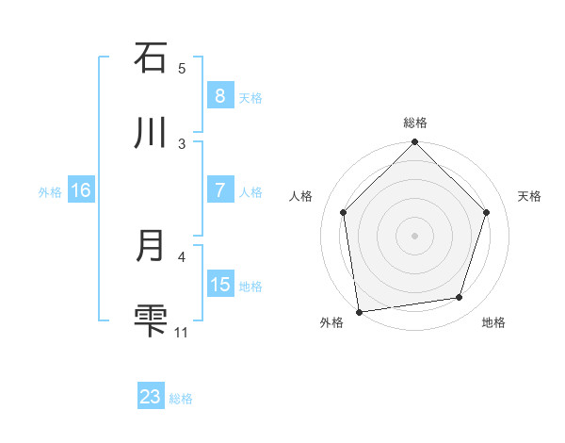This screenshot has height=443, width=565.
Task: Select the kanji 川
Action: pyautogui.click(x=151, y=133)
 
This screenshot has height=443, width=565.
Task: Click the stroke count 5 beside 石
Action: pyautogui.click(x=182, y=68)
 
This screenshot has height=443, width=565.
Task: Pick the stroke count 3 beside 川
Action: pyautogui.click(x=182, y=143)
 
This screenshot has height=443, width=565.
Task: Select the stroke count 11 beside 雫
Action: pyautogui.click(x=182, y=332)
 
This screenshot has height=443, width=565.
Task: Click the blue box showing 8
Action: pyautogui.click(x=219, y=95)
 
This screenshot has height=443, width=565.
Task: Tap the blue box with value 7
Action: pyautogui.click(x=219, y=190)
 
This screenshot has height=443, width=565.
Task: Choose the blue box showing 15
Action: pyautogui.click(x=219, y=285)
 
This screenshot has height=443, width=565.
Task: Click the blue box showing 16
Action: pyautogui.click(x=81, y=190)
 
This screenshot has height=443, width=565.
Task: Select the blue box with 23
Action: pyautogui.click(x=151, y=397)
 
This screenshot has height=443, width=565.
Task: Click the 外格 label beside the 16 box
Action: pyautogui.click(x=50, y=191)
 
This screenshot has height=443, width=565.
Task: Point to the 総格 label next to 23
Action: pyautogui.click(x=181, y=399)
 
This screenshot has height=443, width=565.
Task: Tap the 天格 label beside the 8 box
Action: pyautogui.click(x=250, y=97)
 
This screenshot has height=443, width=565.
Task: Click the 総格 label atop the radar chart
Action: pyautogui.click(x=415, y=123)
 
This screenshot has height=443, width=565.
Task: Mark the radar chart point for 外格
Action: pyautogui.click(x=359, y=311)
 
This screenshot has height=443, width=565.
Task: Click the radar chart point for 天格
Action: pyautogui.click(x=487, y=212)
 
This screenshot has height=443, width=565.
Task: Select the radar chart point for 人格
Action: pyautogui.click(x=344, y=212)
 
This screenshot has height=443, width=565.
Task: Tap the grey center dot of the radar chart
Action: pyautogui.click(x=415, y=235)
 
